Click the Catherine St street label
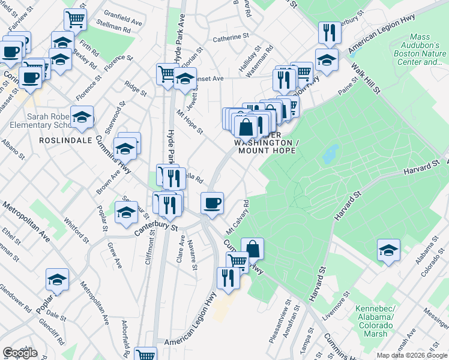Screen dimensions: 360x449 [x=231, y=37]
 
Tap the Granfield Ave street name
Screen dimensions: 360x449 [x=123, y=13]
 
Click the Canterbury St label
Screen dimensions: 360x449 [x=158, y=228]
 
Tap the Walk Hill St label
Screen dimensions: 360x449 [x=367, y=78]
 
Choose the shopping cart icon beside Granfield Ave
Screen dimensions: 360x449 [x=76, y=19]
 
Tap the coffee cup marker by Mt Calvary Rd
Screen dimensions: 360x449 [x=212, y=203]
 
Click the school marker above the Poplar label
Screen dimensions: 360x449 [x=57, y=279]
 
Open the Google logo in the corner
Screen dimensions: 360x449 [x=20, y=353]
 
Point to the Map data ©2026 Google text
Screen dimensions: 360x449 [x=412, y=355]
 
